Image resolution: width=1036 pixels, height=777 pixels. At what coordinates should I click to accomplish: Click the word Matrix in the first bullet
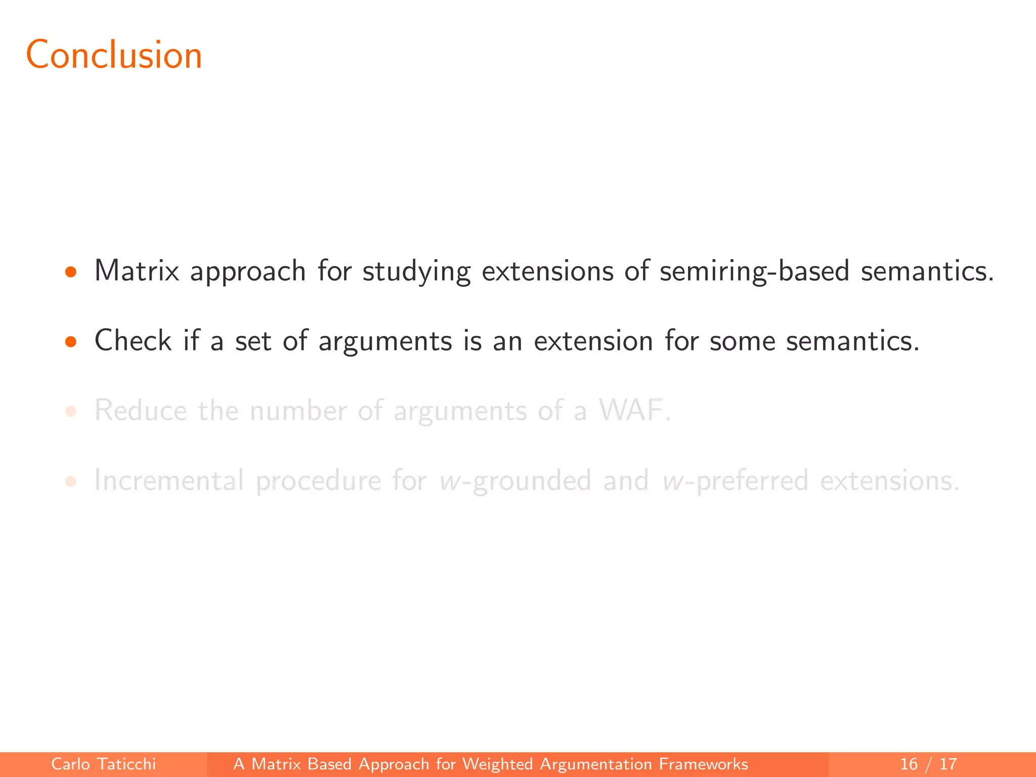(137, 271)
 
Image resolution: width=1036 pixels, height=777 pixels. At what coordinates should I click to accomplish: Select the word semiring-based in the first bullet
(754, 272)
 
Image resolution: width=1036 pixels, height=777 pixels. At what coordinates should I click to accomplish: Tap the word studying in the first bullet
(416, 272)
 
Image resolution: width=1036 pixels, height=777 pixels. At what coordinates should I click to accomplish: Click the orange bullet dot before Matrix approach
(71, 273)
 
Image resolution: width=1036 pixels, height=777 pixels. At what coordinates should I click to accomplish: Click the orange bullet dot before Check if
(71, 342)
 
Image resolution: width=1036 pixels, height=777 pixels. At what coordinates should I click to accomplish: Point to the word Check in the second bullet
(133, 340)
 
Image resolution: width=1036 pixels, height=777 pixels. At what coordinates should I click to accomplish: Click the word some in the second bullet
(742, 341)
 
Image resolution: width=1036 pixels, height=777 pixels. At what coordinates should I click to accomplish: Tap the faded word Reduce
(140, 410)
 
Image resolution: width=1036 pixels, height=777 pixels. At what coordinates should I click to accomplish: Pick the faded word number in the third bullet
(298, 410)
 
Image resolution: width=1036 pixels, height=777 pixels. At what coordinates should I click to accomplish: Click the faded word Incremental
(169, 480)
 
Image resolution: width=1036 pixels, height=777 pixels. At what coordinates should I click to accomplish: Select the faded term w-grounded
(515, 481)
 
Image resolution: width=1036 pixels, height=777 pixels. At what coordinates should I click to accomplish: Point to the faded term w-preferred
(735, 481)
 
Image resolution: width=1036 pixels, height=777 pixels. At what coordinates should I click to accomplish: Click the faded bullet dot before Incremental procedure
(71, 482)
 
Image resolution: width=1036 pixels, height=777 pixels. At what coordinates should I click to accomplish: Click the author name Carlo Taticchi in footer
(103, 764)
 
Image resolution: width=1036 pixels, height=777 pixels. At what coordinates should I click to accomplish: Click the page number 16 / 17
(928, 764)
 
